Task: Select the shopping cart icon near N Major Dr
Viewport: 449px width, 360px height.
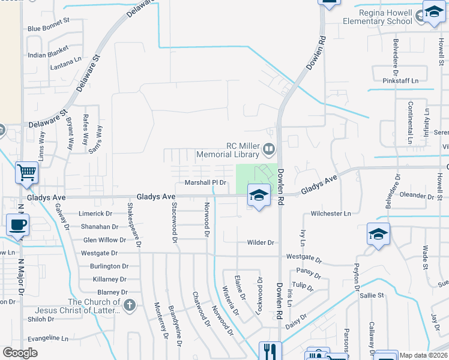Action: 27,173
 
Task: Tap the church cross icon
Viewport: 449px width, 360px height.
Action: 129,305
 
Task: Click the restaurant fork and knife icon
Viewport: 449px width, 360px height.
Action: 270,351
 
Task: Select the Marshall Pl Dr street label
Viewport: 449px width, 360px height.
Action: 206,182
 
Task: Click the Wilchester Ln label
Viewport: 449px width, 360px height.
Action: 331,214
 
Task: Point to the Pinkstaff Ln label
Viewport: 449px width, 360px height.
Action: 400,80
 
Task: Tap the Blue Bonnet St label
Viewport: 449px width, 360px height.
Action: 48,28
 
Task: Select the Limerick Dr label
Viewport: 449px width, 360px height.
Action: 95,214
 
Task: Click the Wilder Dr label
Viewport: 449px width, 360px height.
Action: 261,242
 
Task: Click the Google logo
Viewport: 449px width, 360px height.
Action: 20,353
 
